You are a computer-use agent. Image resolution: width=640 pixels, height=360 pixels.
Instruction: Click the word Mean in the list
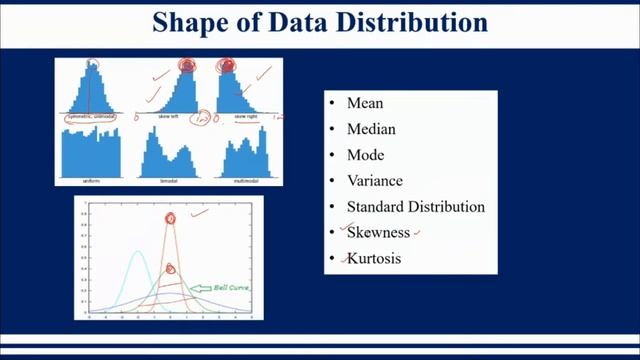(364, 103)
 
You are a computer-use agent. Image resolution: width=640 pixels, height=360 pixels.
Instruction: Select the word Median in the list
(371, 129)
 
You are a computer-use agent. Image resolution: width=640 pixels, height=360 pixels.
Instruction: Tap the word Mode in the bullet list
(365, 155)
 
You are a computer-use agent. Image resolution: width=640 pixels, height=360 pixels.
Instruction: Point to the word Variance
(375, 181)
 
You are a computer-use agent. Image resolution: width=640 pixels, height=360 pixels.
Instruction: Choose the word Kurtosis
(376, 259)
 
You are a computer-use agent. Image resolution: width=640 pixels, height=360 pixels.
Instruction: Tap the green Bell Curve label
(231, 288)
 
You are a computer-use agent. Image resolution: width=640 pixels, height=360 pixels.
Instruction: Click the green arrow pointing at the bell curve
(200, 288)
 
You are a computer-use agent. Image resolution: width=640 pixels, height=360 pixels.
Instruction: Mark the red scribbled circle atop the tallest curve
(170, 218)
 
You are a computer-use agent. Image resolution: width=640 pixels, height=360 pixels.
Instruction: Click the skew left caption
(168, 117)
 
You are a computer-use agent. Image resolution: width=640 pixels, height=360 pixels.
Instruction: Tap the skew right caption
(246, 117)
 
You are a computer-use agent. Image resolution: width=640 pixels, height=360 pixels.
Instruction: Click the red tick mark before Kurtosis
(343, 259)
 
